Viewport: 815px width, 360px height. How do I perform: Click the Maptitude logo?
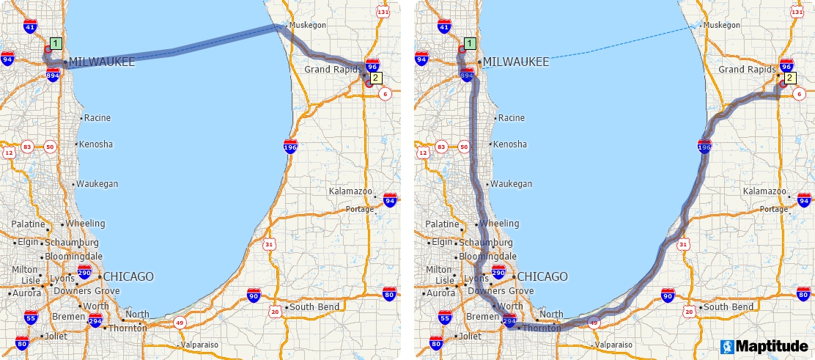click(x=764, y=345)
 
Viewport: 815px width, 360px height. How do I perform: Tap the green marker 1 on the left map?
click(x=56, y=43)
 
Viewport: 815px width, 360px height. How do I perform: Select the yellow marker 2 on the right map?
click(x=789, y=78)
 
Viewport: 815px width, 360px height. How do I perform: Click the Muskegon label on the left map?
click(x=308, y=25)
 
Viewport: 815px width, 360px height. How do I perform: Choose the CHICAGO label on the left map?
click(x=128, y=276)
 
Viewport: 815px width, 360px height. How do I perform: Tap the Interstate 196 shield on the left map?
click(x=290, y=147)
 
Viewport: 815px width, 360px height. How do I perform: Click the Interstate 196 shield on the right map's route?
click(x=704, y=147)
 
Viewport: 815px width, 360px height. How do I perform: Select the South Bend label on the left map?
click(x=312, y=306)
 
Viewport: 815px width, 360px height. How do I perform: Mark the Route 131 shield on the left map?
click(x=383, y=12)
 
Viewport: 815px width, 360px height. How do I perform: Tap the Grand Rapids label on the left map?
click(x=331, y=70)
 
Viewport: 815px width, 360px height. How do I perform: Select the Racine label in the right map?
click(x=512, y=117)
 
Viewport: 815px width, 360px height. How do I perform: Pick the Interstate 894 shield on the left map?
click(x=53, y=75)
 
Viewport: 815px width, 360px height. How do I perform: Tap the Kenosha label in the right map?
click(x=510, y=144)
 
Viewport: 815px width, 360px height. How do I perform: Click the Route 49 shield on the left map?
click(x=180, y=322)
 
